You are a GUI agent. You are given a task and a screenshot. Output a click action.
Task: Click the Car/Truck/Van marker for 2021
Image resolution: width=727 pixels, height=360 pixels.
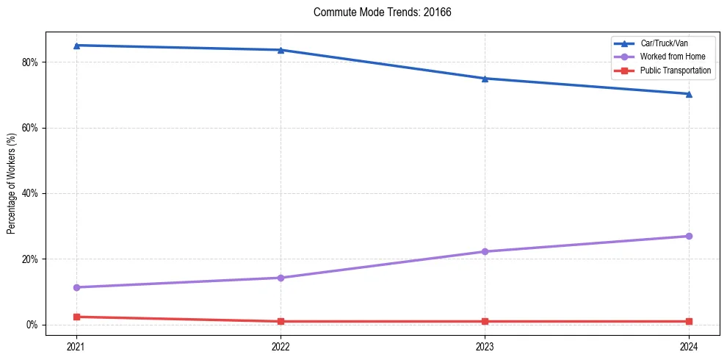coord(76,46)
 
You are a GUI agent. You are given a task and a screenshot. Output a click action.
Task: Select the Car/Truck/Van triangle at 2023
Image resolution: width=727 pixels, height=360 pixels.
coord(485,79)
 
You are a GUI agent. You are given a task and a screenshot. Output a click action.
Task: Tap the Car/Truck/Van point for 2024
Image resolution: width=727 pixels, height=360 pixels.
coord(689,94)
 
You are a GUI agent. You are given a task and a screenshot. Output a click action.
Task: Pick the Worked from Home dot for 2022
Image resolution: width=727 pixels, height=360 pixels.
coord(281,278)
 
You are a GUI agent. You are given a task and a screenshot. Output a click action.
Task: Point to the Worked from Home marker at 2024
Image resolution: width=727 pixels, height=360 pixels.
coord(689,236)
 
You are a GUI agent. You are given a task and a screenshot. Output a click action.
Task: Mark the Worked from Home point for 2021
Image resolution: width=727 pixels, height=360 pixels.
coord(76,287)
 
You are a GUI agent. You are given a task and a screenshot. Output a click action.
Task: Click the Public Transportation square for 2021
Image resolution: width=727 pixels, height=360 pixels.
coord(76,317)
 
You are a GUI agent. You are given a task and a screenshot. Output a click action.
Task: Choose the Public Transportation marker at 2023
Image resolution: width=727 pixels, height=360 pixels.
coord(485,321)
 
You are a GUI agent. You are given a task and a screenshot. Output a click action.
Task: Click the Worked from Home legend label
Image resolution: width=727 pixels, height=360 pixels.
coord(673,57)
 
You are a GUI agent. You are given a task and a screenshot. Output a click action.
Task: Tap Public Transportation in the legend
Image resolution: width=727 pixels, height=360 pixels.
coord(676,71)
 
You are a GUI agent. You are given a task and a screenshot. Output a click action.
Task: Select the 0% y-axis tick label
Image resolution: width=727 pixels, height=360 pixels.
coord(32,325)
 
